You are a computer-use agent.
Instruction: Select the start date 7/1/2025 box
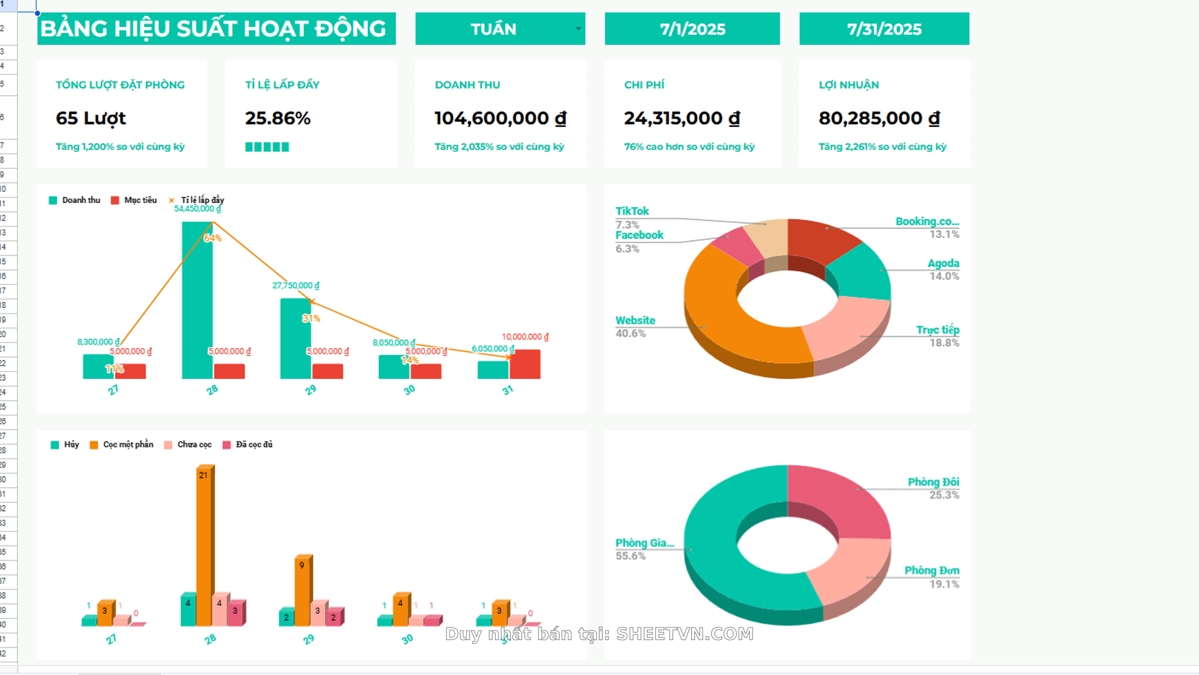[692, 29]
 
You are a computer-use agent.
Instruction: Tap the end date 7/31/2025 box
[884, 29]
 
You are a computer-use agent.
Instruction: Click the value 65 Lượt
[91, 118]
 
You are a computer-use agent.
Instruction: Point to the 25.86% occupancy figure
[277, 118]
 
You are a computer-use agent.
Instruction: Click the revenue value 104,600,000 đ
[500, 118]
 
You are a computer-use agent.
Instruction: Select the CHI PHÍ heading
[644, 84]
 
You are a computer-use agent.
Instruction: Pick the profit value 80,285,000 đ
[879, 118]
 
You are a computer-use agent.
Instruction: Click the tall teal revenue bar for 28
[197, 300]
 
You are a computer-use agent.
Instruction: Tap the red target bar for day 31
[525, 364]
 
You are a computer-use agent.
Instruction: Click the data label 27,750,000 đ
[295, 286]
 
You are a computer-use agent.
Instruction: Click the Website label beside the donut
[635, 321]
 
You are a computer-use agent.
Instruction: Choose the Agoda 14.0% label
[943, 269]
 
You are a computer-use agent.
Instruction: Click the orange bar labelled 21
[204, 544]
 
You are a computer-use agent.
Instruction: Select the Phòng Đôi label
[933, 482]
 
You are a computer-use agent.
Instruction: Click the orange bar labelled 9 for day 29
[302, 591]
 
